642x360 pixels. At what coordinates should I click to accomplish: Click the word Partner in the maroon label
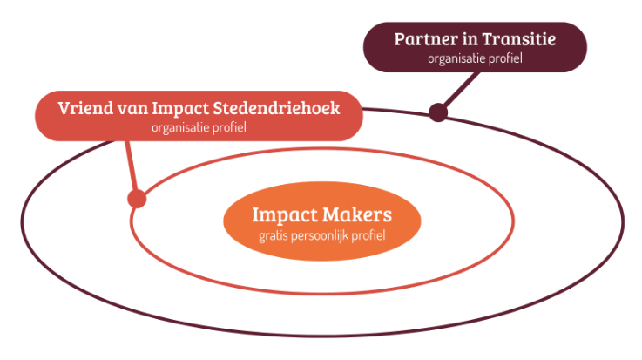pyautogui.click(x=424, y=39)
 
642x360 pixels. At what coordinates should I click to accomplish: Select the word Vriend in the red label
pyautogui.click(x=85, y=110)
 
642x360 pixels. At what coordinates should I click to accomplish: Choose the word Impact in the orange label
pyautogui.click(x=281, y=214)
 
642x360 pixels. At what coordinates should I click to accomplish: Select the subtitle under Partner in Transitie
pyautogui.click(x=475, y=59)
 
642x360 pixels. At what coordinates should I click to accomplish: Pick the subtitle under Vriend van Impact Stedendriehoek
pyautogui.click(x=199, y=129)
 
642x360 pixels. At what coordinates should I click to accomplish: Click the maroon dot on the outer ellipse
pyautogui.click(x=437, y=112)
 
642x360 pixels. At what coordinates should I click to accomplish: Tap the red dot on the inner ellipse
pyautogui.click(x=136, y=198)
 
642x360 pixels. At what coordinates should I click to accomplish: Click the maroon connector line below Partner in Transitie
pyautogui.click(x=459, y=91)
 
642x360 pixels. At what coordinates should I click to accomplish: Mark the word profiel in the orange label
pyautogui.click(x=369, y=235)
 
